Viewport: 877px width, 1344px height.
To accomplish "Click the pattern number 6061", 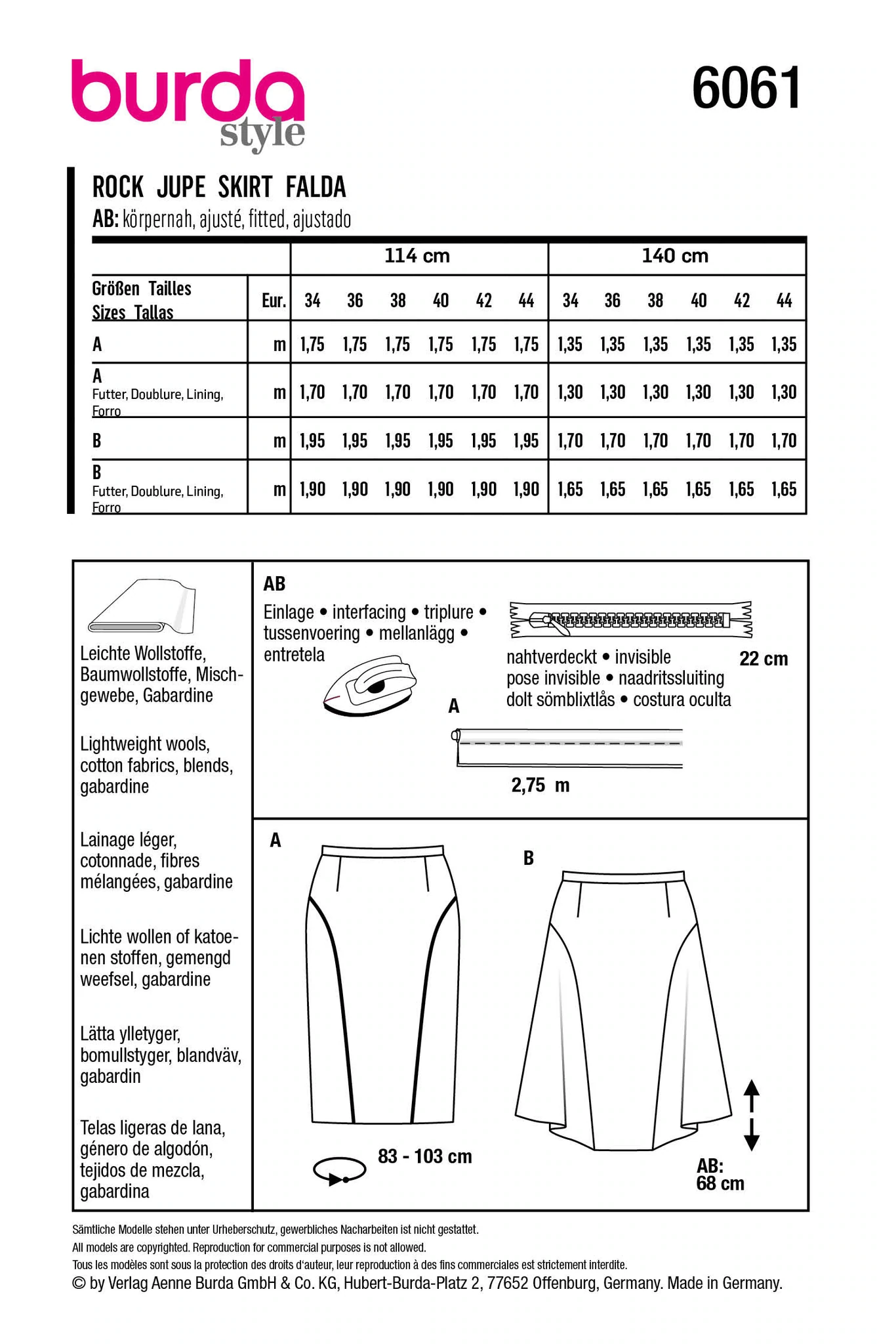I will (746, 88).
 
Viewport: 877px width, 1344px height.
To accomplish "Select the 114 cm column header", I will (417, 255).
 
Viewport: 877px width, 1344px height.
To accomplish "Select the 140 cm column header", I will (675, 255).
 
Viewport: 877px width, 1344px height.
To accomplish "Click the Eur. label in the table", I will (274, 301).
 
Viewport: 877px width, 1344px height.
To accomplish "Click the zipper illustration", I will (630, 619).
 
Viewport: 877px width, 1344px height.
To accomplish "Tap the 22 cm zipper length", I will (763, 659).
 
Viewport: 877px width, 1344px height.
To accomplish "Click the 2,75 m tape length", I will (540, 786).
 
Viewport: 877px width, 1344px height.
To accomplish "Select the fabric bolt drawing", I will (142, 606).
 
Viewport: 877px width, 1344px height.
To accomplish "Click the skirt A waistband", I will (382, 851).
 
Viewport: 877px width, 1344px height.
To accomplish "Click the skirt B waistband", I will (623, 875).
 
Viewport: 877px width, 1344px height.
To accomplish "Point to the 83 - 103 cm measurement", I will (424, 1156).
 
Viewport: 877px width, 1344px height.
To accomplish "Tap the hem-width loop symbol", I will (339, 1171).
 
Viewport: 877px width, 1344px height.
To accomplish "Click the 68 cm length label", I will (720, 1183).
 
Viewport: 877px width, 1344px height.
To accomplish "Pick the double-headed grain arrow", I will (752, 1115).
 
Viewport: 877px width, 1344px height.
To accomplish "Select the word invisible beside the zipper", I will (642, 657).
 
